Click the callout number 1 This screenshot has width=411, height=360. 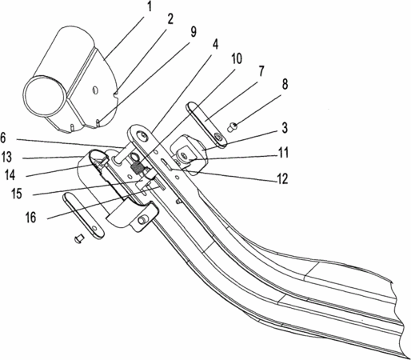coord(150,6)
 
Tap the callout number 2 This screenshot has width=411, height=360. coord(170,18)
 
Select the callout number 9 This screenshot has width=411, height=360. coord(193,32)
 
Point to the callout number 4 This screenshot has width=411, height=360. coord(215,44)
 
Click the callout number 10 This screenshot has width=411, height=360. coord(235,58)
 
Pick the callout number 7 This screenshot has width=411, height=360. coord(261,71)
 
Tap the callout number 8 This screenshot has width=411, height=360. coord(285,84)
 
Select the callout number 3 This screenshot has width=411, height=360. coord(285,127)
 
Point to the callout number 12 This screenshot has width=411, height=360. coord(282,178)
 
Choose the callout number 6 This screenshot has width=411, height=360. coord(3,138)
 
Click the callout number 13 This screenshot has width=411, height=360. coord(6,157)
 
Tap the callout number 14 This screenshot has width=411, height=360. coord(10,175)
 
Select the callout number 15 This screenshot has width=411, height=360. coord(17,194)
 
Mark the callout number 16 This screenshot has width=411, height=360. coord(30,217)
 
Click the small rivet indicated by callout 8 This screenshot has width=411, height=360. coord(233,126)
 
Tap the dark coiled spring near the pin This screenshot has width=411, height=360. coord(137,168)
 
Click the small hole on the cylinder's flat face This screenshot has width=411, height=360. coord(94,90)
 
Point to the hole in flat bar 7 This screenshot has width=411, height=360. coord(218,137)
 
